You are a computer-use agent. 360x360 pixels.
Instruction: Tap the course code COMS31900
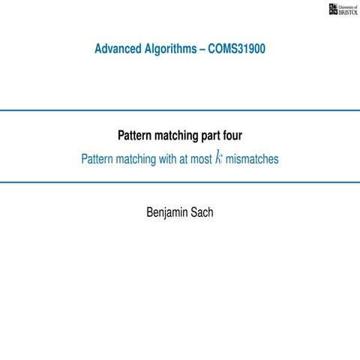click(x=238, y=50)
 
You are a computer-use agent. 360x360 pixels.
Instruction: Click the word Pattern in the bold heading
click(x=136, y=136)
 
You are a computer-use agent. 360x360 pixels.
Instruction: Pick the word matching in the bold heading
click(x=181, y=136)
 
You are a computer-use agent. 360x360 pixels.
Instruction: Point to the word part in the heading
click(x=217, y=136)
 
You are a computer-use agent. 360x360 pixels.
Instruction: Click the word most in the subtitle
click(x=200, y=159)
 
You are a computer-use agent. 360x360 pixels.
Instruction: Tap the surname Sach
click(x=202, y=213)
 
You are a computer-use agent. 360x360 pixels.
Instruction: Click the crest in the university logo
click(x=334, y=8)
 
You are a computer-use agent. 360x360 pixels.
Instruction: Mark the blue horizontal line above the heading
click(x=180, y=110)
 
